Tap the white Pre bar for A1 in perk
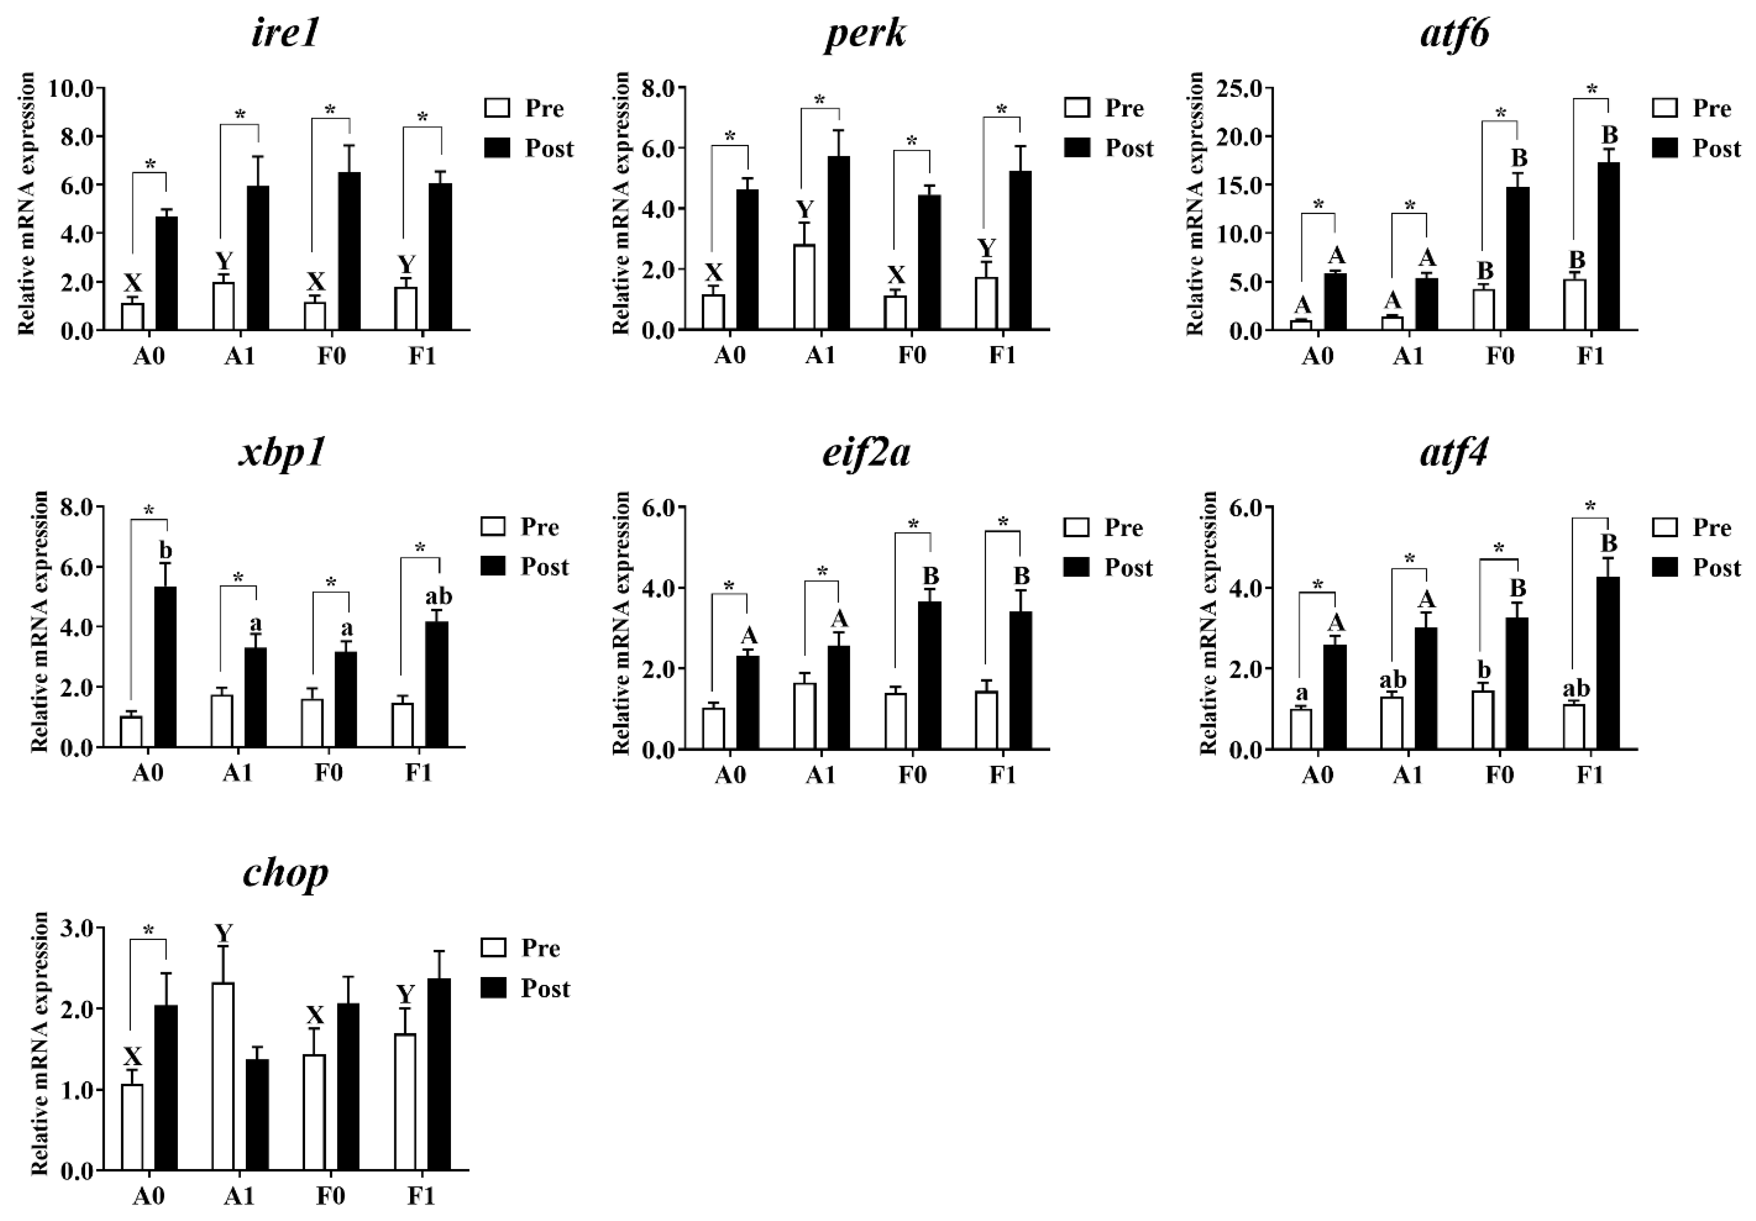point(804,287)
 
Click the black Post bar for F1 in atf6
point(1608,246)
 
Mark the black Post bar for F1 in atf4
point(1608,663)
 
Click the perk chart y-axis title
point(622,203)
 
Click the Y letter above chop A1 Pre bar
point(223,934)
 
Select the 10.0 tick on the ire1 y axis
point(70,89)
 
